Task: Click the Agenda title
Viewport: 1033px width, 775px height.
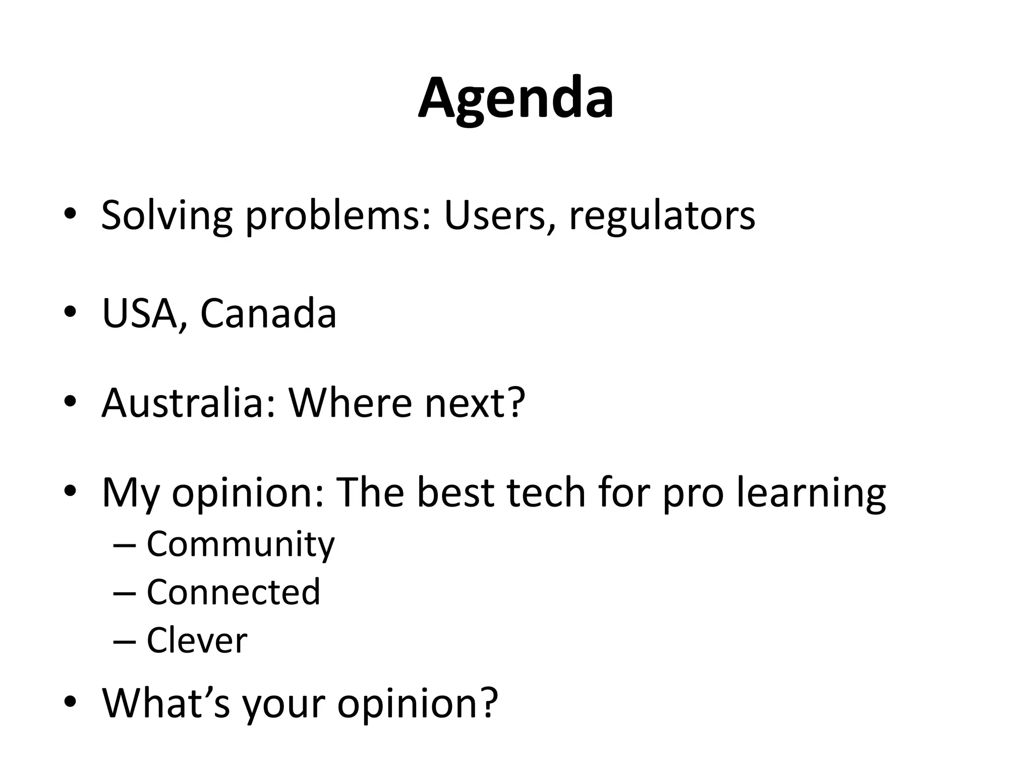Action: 515,98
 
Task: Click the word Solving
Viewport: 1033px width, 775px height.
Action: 166,216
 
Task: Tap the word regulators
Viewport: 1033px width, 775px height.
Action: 662,216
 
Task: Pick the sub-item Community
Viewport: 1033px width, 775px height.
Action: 241,545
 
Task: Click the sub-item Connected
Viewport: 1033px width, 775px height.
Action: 233,592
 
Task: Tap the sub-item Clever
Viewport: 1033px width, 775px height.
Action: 197,640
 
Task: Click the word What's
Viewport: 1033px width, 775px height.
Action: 166,702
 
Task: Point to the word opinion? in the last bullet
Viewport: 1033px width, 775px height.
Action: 417,702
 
